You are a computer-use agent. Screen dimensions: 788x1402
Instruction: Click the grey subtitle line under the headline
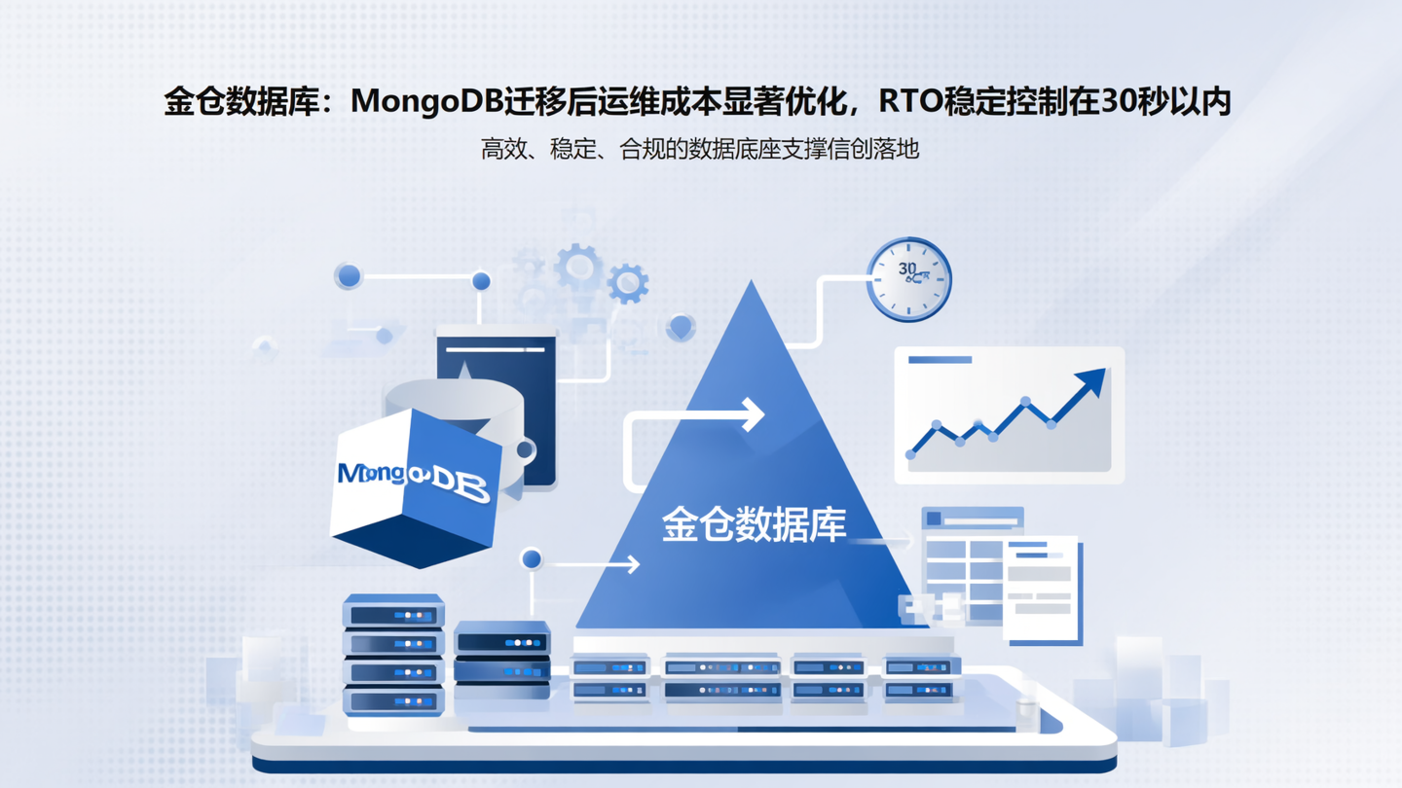pyautogui.click(x=699, y=149)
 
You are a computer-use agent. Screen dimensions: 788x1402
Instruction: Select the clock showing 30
pyautogui.click(x=908, y=279)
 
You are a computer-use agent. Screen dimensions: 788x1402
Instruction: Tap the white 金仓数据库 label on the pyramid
pyautogui.click(x=754, y=524)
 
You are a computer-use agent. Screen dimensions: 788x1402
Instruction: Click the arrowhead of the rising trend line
pyautogui.click(x=1095, y=381)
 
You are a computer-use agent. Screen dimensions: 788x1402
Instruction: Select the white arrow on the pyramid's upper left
pyautogui.click(x=750, y=414)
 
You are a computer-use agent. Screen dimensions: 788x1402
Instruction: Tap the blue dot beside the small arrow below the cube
pyautogui.click(x=532, y=559)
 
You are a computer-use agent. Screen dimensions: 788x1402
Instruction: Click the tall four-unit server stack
pyautogui.click(x=393, y=656)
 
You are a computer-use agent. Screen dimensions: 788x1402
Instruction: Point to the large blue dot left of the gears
pyautogui.click(x=349, y=276)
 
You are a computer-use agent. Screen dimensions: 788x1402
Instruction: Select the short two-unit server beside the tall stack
pyautogui.click(x=501, y=657)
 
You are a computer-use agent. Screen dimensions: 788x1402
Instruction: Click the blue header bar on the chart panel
pyautogui.click(x=940, y=360)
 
